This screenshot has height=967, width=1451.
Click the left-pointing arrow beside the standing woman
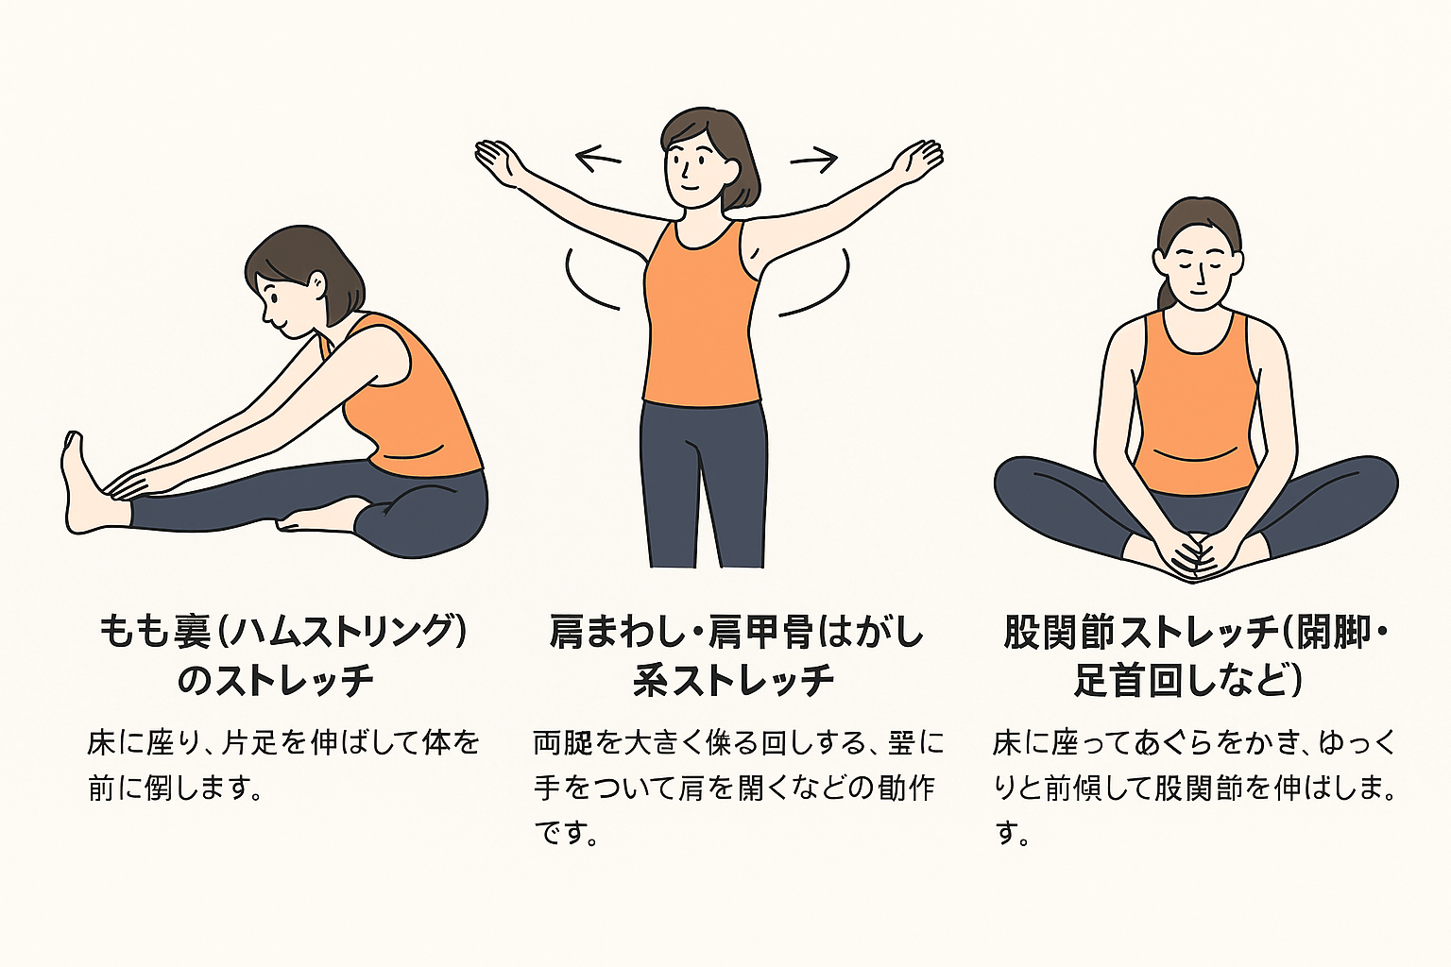click(x=598, y=158)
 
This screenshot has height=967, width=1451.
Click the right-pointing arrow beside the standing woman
click(x=814, y=160)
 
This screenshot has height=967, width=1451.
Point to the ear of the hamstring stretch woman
click(x=317, y=283)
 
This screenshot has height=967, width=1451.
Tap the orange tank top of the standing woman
click(x=701, y=321)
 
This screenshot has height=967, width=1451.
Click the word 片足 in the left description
click(x=249, y=743)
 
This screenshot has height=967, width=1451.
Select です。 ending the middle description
click(x=566, y=833)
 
